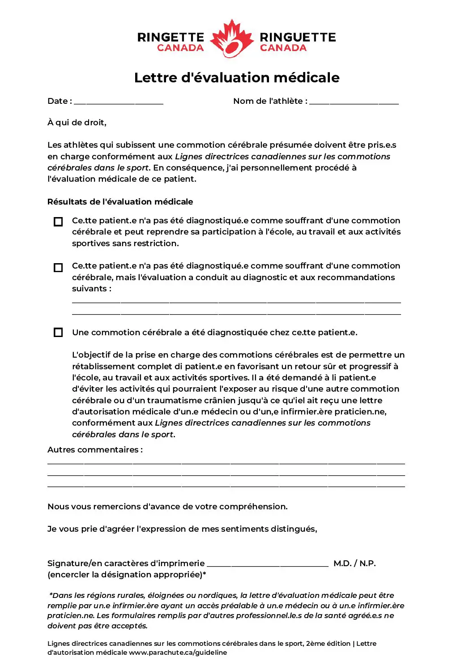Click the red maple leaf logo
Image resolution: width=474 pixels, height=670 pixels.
click(x=231, y=39)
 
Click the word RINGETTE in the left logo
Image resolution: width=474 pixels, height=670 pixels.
click(x=171, y=37)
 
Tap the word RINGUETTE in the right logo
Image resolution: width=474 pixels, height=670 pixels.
click(x=298, y=37)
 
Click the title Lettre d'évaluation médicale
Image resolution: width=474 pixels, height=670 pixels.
click(x=237, y=77)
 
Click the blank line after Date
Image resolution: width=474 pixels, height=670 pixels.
click(x=119, y=102)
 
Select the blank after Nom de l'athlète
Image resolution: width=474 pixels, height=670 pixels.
click(x=354, y=102)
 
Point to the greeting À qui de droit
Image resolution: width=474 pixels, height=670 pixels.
click(x=77, y=123)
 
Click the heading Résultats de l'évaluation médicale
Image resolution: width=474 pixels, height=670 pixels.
click(x=120, y=202)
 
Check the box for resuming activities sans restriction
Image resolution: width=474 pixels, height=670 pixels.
click(x=58, y=222)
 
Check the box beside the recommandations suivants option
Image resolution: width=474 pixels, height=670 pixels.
click(x=58, y=268)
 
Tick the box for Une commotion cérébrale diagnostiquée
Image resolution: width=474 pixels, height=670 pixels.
click(x=58, y=333)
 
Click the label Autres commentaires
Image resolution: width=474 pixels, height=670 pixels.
click(x=95, y=450)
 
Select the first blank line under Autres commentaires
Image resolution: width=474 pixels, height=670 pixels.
click(x=226, y=462)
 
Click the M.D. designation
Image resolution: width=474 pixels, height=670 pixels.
click(x=342, y=563)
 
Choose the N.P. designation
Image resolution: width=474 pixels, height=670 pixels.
click(x=367, y=563)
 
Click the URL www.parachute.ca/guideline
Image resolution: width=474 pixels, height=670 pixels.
click(x=178, y=653)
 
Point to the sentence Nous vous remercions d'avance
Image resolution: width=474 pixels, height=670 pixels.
click(x=167, y=507)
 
